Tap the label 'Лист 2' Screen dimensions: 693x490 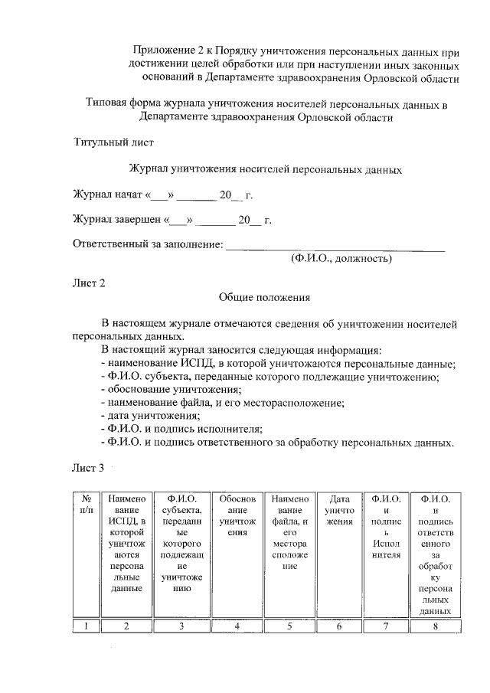click(x=88, y=283)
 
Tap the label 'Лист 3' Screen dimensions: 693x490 click(x=88, y=468)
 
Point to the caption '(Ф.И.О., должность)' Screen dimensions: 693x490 click(x=341, y=259)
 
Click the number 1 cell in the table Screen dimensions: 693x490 click(x=87, y=626)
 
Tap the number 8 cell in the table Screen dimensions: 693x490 click(x=436, y=626)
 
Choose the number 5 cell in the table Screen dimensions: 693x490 click(x=289, y=626)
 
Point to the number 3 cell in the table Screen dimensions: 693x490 click(x=181, y=626)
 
